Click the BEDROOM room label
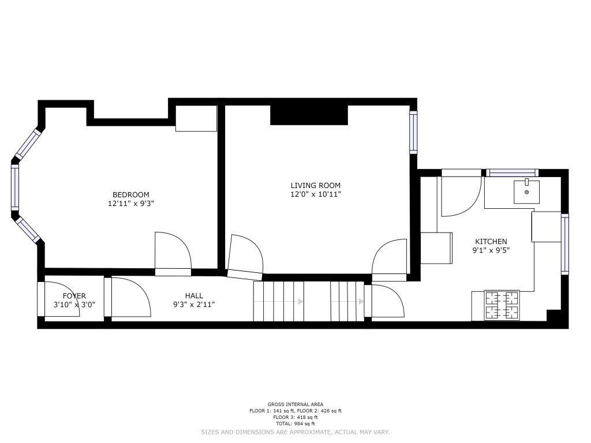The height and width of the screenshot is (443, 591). click(x=131, y=195)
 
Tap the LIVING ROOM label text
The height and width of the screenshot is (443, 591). click(x=316, y=185)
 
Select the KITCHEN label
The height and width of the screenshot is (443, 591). click(x=491, y=242)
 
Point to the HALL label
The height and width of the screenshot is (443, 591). click(x=194, y=296)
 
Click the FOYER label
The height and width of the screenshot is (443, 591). click(x=74, y=296)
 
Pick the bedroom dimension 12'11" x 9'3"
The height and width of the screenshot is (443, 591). click(x=131, y=204)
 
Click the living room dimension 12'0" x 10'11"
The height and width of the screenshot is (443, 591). click(x=316, y=194)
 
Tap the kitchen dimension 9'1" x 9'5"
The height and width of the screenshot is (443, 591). click(x=491, y=250)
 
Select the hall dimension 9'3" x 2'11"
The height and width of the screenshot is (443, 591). click(x=194, y=305)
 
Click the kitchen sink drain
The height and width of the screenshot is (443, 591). click(x=526, y=192)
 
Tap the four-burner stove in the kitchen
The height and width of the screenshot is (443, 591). click(x=502, y=306)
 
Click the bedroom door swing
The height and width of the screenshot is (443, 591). click(x=173, y=250)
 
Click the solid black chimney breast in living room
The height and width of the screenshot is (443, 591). click(x=309, y=115)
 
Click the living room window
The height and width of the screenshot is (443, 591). click(x=413, y=132)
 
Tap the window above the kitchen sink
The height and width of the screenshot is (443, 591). click(x=512, y=173)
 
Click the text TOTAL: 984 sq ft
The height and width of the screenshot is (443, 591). click(x=295, y=423)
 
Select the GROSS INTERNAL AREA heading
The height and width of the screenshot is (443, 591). click(x=295, y=404)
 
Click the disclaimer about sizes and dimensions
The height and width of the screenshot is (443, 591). click(x=295, y=432)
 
